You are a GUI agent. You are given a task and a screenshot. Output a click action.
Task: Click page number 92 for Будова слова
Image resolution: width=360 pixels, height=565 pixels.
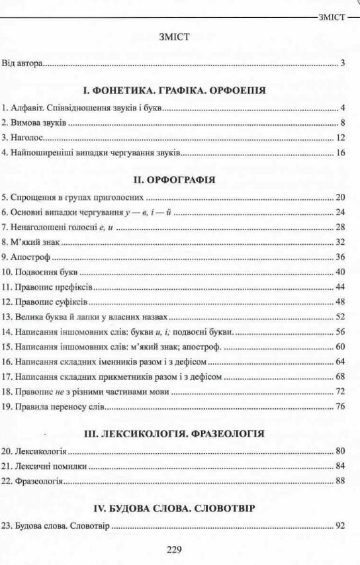(341, 527)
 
